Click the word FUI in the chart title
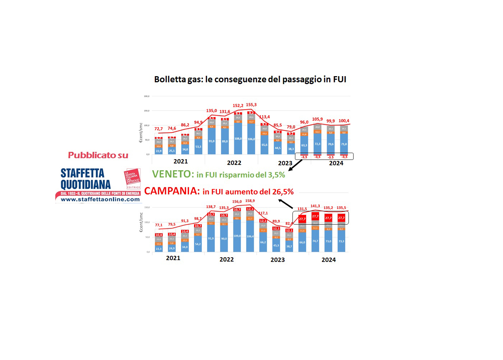click(x=340, y=79)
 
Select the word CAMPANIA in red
click(x=172, y=191)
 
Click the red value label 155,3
click(x=251, y=105)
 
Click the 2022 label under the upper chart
click(x=234, y=163)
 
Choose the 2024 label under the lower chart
click(x=328, y=260)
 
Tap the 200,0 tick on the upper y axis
click(x=147, y=96)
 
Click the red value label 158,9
click(x=250, y=201)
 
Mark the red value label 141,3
click(x=315, y=206)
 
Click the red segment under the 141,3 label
click(x=315, y=216)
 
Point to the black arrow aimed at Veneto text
click(x=295, y=165)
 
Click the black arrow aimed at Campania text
click(x=286, y=204)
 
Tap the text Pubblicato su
click(x=98, y=155)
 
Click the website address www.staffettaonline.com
click(x=100, y=199)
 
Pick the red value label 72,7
click(x=158, y=129)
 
